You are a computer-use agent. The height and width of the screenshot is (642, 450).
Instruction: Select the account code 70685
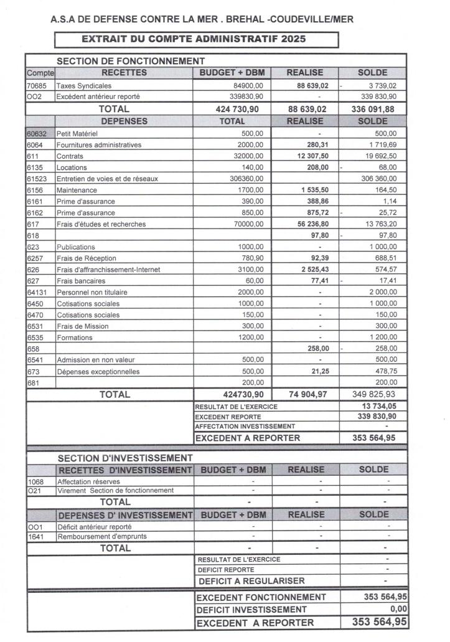[34, 85]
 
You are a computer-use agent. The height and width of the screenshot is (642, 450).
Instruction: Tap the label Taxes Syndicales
[84, 85]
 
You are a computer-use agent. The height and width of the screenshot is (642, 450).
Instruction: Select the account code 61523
[36, 179]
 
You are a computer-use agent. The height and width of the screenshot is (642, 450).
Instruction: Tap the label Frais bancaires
[80, 281]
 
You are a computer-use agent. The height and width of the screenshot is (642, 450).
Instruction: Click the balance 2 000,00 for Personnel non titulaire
[382, 292]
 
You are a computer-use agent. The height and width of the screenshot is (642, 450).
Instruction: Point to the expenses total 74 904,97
[306, 394]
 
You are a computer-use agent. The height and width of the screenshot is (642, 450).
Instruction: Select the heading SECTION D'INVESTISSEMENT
[124, 458]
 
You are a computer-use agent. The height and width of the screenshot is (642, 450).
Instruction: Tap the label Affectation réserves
[89, 481]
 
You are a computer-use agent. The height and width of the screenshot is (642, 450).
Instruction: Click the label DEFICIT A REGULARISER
[251, 581]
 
